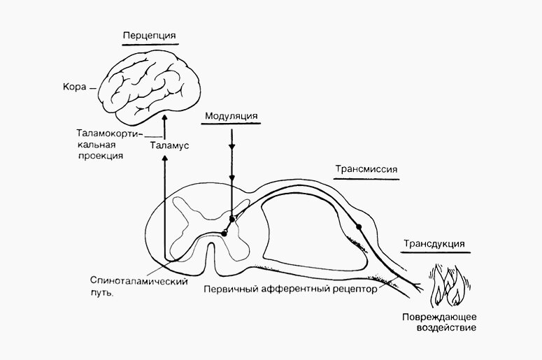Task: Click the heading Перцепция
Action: point(148,35)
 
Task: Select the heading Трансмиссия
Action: point(366,170)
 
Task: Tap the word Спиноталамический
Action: point(131,282)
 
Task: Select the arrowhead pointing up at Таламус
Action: point(165,160)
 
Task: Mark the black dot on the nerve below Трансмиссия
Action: point(359,226)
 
